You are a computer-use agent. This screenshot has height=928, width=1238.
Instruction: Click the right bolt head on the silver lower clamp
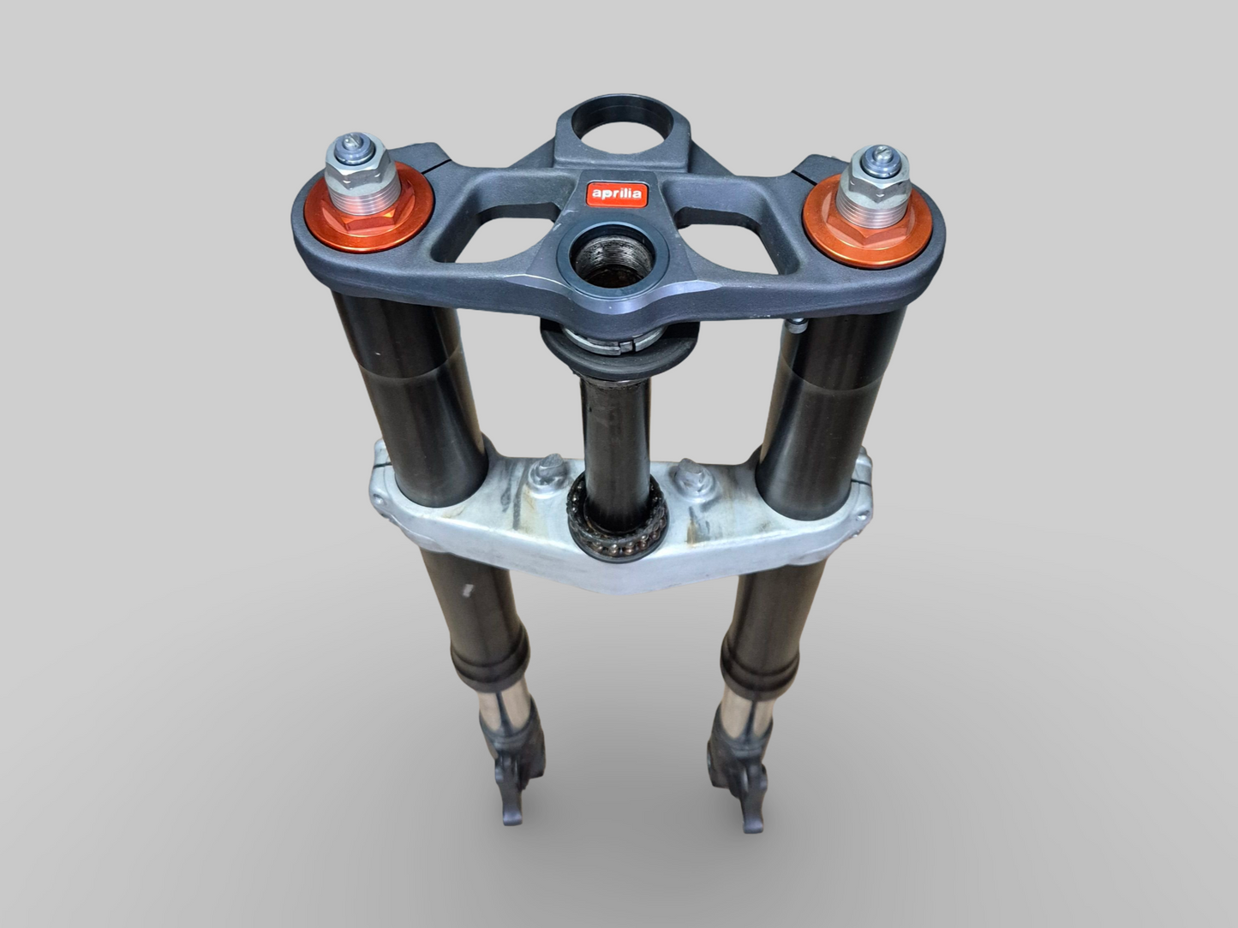[x=688, y=473]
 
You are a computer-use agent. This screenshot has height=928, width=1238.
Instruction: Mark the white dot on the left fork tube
[x=466, y=590]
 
